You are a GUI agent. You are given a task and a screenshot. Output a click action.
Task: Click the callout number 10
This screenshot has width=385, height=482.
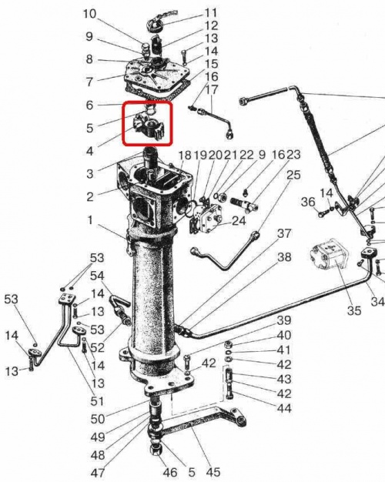pos(89,14)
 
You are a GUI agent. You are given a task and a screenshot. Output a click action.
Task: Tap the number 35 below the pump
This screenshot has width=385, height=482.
pos(354,310)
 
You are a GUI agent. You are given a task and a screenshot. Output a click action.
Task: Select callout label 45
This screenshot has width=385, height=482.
pos(213,472)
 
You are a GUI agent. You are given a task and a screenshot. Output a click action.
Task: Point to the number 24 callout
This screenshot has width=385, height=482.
pos(239,220)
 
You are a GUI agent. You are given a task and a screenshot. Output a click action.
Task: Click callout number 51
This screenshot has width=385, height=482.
pos(97,401)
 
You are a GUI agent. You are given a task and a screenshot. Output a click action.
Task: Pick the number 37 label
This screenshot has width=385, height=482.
pos(284,233)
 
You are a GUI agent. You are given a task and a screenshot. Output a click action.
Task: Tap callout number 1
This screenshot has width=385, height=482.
pos(90,220)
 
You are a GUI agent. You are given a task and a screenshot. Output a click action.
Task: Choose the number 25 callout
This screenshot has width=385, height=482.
pos(293,175)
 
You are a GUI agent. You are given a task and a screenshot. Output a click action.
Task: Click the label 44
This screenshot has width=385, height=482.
pos(284,409)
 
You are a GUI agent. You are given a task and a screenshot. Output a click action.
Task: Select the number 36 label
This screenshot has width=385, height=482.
pos(308,202)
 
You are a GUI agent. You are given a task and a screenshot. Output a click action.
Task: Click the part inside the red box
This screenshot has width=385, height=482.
pos(148,126)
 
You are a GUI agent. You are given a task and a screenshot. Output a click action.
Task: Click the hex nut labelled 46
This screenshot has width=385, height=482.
pos(156,450)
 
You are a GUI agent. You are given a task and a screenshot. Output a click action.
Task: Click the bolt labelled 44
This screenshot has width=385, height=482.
pos(229,392)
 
